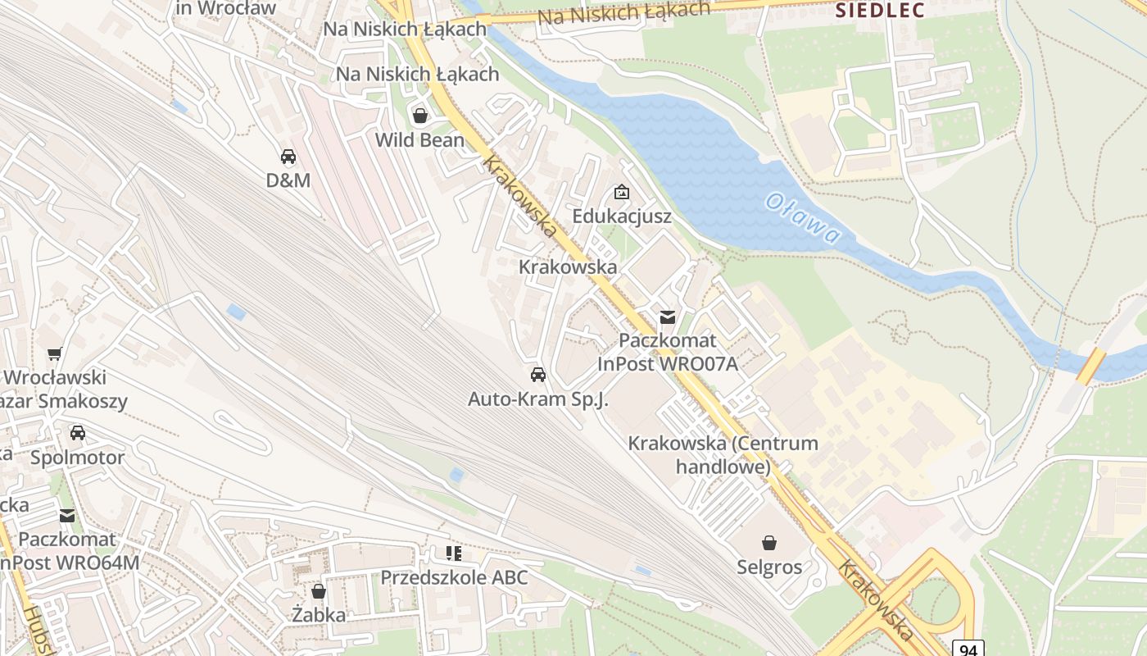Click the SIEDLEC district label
point(880,11)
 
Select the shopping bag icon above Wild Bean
point(420,116)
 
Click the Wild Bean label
point(419,140)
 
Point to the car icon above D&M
point(288,156)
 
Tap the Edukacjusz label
point(622,216)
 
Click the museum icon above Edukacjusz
point(622,193)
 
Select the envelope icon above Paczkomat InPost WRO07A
point(668,317)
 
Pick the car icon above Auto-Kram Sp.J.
point(538,375)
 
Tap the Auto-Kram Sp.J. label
point(538,399)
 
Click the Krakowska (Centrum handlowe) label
point(723,455)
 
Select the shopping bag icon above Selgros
point(769,543)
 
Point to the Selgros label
point(769,567)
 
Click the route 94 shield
point(968,649)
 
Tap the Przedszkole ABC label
point(454,577)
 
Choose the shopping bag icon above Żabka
point(319,590)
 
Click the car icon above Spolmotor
point(78,433)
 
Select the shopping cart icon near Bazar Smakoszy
point(55,354)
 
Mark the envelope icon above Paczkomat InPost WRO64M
point(67,516)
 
